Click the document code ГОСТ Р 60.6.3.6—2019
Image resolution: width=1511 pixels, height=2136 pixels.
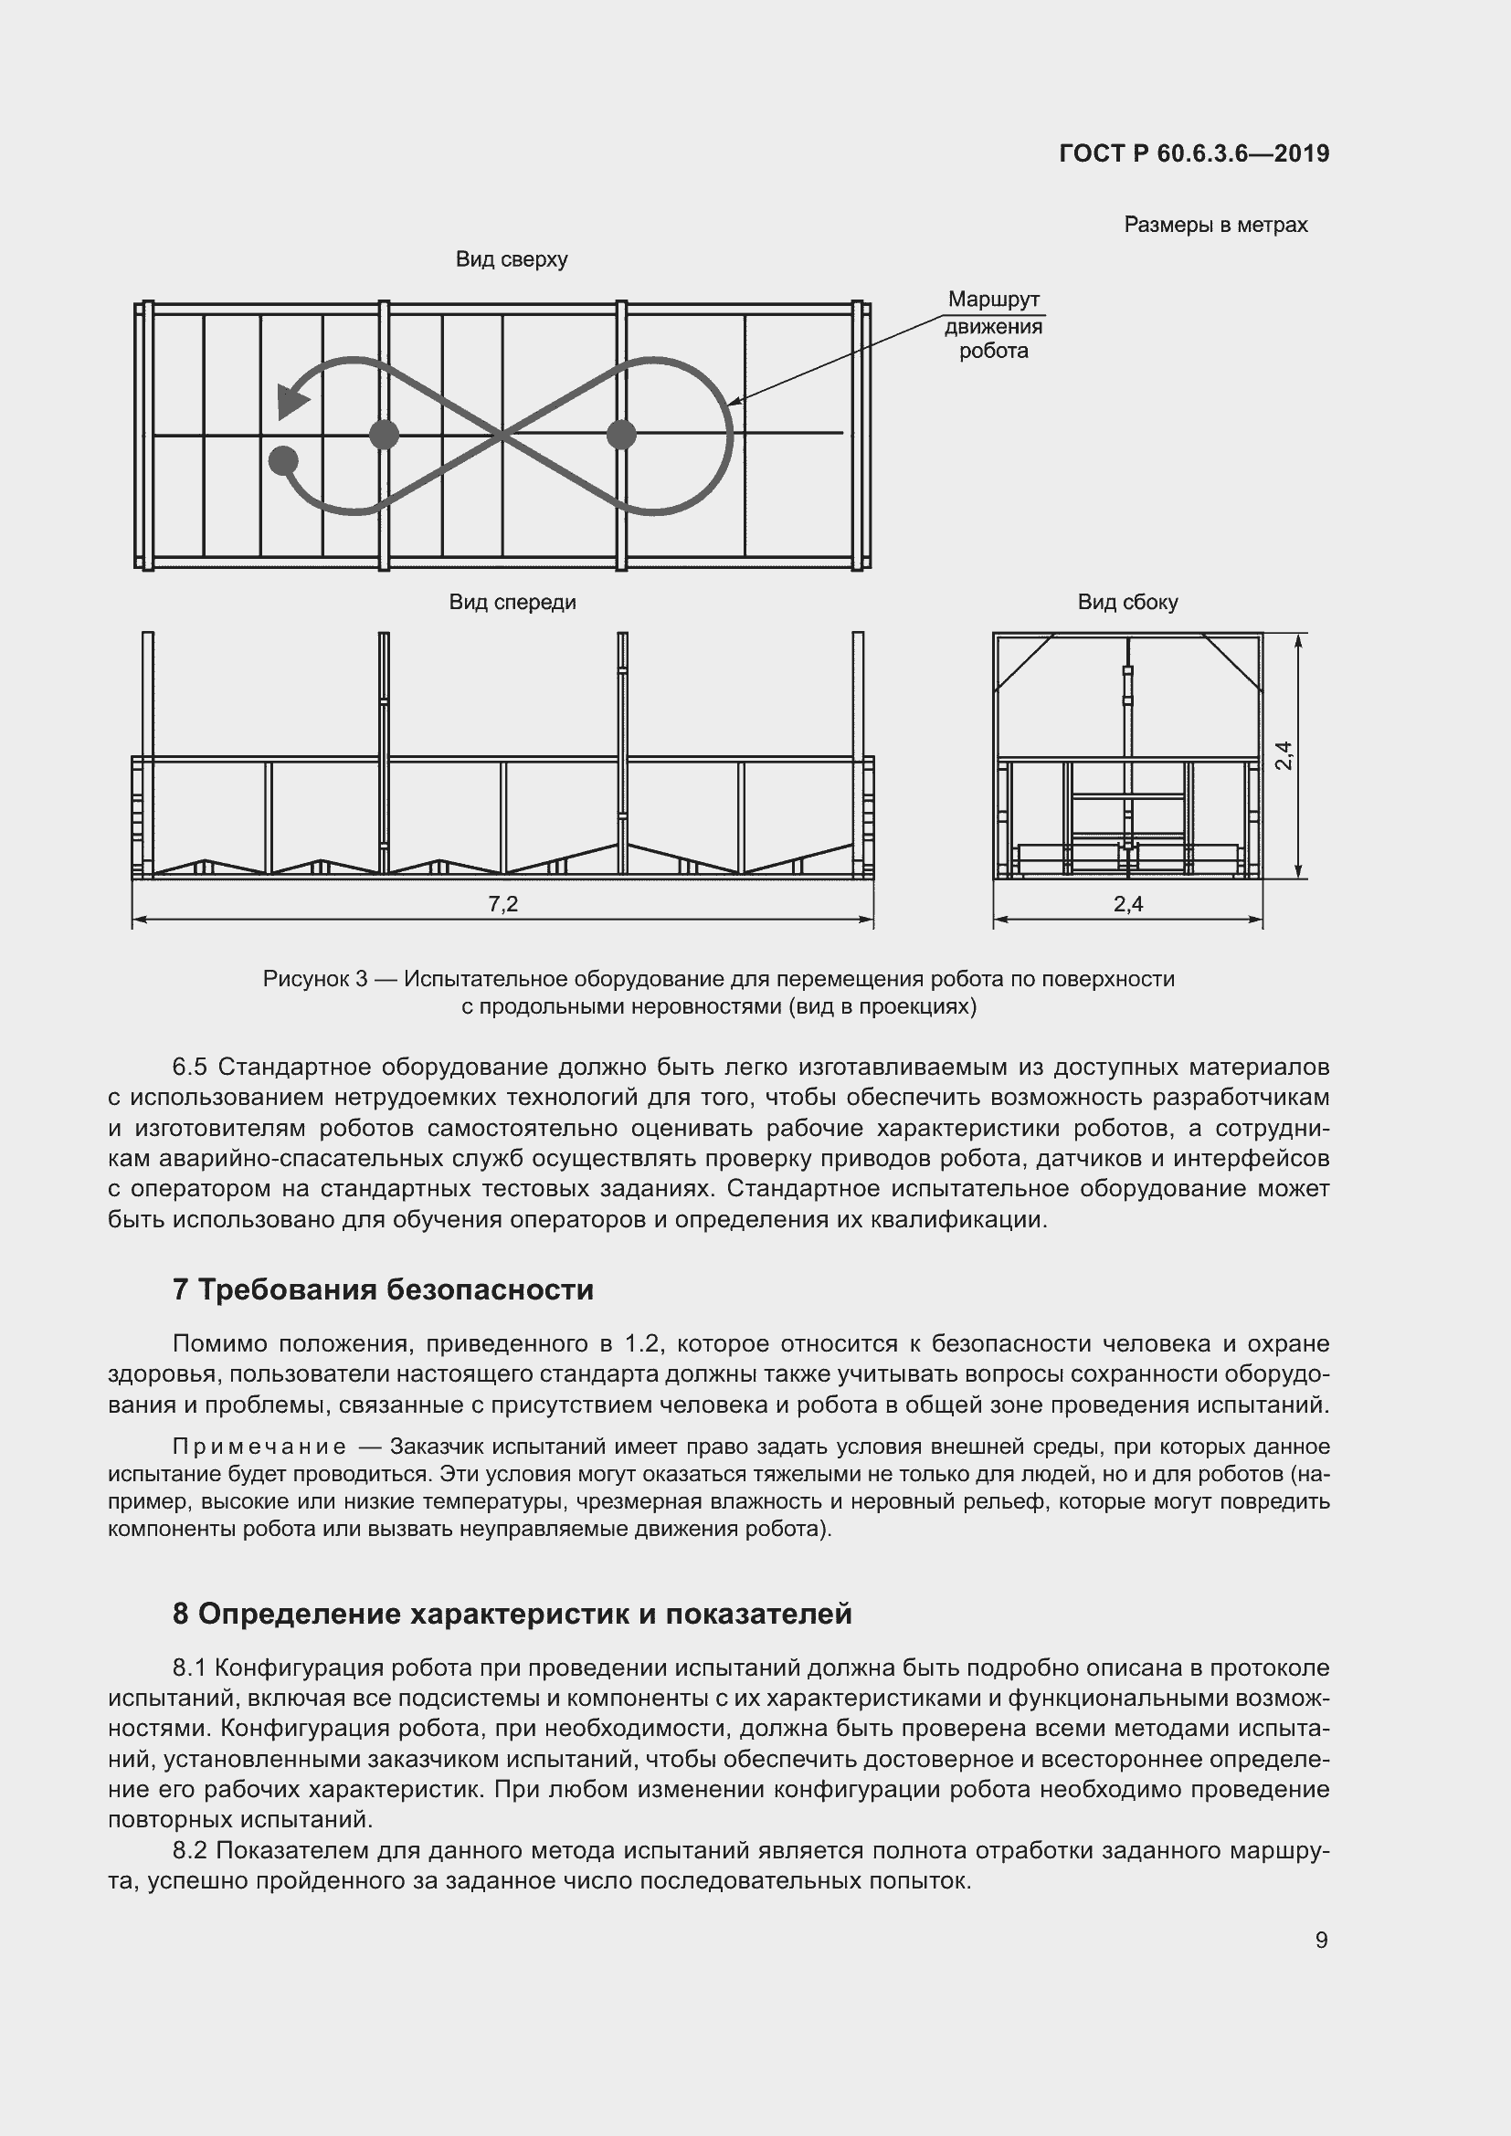pos(1194,153)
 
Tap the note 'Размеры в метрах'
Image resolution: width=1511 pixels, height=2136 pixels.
pos(1215,226)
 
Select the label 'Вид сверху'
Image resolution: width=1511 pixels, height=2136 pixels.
pos(511,259)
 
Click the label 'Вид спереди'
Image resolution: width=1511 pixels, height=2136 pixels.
pos(512,602)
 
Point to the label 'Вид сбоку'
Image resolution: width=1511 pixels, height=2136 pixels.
pos(1127,602)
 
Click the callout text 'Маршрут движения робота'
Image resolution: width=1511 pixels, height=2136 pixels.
pos(993,326)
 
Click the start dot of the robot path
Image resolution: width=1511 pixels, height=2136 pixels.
pos(283,459)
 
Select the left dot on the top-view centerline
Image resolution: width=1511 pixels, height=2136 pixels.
pos(384,434)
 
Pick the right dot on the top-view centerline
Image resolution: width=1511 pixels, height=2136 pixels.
pos(620,434)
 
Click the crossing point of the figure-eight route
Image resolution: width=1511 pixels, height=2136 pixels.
pos(502,434)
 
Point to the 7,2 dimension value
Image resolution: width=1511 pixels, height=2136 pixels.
pos(502,903)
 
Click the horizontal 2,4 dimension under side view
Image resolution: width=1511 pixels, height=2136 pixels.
pos(1127,903)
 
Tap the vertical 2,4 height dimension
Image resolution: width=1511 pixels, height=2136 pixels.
pos(1284,754)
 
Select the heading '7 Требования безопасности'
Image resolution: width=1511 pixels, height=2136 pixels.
pos(383,1289)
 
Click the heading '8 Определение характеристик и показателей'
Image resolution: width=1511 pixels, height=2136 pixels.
pos(512,1613)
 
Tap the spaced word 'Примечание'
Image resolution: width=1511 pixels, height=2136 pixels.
pos(259,1447)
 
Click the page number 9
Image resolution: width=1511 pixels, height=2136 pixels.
pos(1321,1940)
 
